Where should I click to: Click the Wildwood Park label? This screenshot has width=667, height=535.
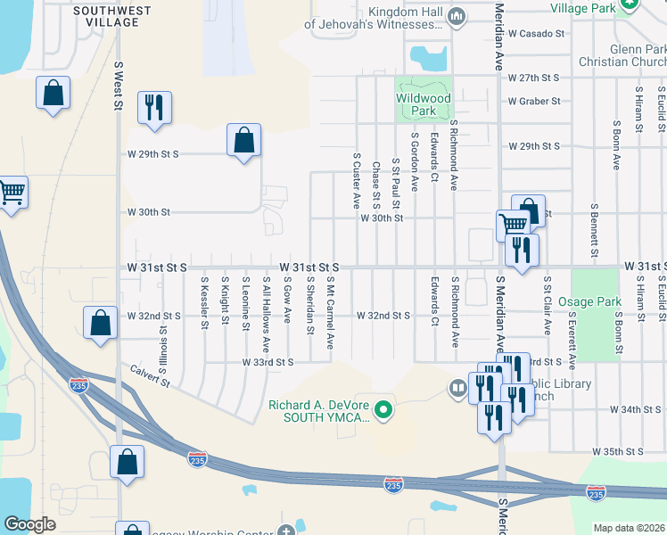(x=424, y=105)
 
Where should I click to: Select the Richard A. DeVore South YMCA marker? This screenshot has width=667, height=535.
(x=384, y=410)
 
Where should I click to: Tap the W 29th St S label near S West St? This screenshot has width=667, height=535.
(x=153, y=153)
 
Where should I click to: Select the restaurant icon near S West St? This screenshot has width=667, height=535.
(x=153, y=108)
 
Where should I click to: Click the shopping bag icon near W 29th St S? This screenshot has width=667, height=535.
(x=243, y=140)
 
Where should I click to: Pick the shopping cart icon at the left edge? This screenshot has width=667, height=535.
(x=12, y=192)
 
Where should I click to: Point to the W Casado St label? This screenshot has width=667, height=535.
(x=536, y=33)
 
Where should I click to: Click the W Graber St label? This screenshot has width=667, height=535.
(x=534, y=101)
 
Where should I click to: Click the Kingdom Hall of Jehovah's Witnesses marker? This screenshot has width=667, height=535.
(x=457, y=15)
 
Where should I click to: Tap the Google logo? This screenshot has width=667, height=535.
(x=30, y=524)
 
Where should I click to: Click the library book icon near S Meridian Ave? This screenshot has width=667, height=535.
(x=457, y=388)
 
